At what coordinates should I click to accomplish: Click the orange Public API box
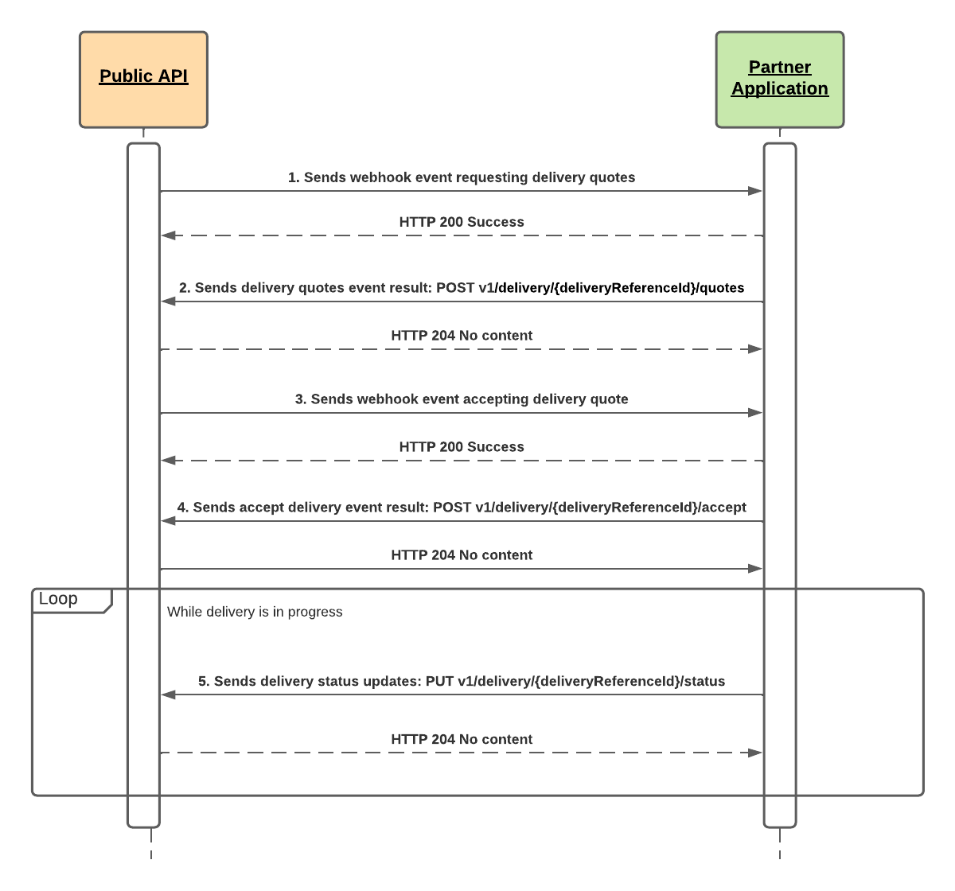coord(143,80)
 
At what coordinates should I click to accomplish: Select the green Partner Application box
coord(779,80)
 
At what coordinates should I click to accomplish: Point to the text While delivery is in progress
coord(255,612)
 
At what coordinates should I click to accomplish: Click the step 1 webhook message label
coord(462,177)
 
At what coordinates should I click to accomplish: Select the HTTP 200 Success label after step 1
coord(462,222)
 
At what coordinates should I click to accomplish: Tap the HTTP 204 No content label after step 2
coord(462,336)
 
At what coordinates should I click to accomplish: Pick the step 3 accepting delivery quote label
coord(462,399)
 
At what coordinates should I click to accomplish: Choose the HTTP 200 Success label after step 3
coord(462,447)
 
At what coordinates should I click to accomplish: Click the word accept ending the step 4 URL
coord(723,508)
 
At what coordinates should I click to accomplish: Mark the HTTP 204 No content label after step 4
coord(462,555)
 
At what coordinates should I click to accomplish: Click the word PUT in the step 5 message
coord(439,682)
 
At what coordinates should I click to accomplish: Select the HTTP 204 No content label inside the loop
coord(462,740)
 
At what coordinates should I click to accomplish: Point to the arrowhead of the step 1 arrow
coord(755,191)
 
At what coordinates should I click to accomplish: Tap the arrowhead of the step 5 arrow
coord(168,695)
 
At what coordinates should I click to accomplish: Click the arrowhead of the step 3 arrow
coord(755,413)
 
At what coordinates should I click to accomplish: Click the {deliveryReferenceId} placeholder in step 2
coord(624,288)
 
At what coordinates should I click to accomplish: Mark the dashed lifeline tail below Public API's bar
coord(151,844)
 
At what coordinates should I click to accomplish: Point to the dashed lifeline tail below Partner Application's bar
coord(780,844)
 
